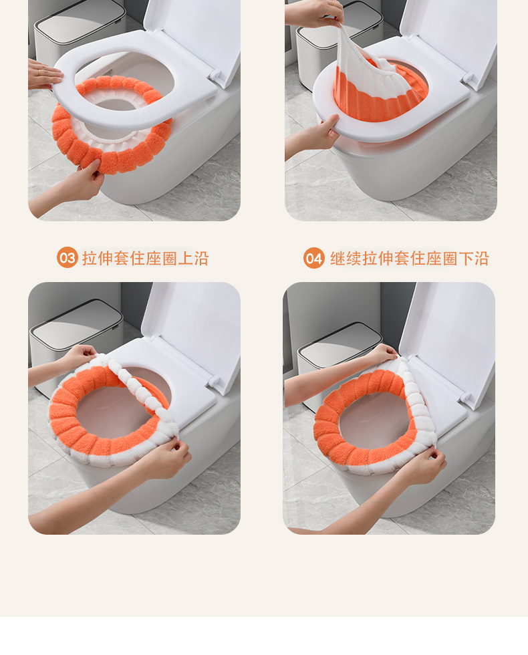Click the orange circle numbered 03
click(68, 257)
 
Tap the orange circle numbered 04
click(313, 258)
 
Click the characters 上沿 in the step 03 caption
click(193, 258)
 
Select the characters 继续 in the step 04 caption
click(346, 258)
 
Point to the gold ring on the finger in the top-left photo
click(38, 72)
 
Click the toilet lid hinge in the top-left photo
click(215, 76)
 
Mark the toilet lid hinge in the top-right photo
click(469, 80)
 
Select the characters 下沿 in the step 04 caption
click(473, 258)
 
